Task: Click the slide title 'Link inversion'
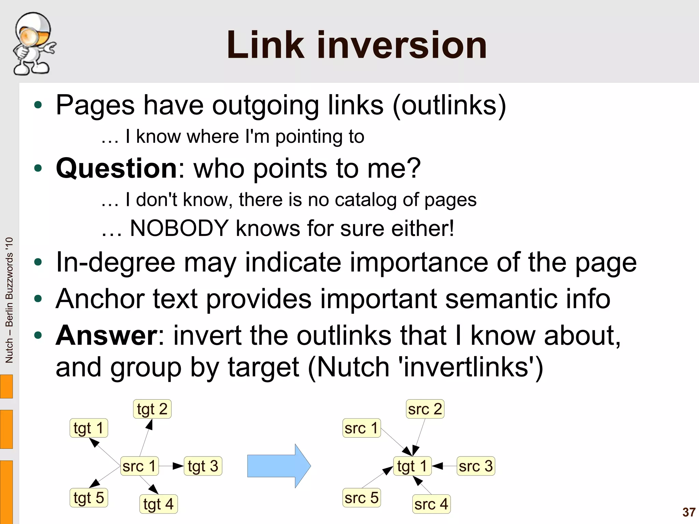[x=357, y=45]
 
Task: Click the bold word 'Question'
[x=116, y=168]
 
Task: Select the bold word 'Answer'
[x=106, y=335]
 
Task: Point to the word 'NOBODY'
[x=179, y=228]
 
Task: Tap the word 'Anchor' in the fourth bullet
[x=100, y=299]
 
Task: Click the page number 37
[x=689, y=512]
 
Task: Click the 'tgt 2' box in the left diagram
[x=152, y=409]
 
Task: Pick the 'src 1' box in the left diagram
[x=139, y=466]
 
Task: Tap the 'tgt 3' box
[x=203, y=466]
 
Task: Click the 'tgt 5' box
[x=89, y=498]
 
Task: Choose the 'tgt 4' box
[x=158, y=504]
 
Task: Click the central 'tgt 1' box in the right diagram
[x=412, y=466]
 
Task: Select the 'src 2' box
[x=425, y=409]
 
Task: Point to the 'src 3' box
[x=475, y=466]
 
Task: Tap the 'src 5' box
[x=361, y=498]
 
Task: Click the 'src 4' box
[x=431, y=504]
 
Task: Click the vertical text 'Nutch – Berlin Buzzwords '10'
[x=9, y=300]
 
